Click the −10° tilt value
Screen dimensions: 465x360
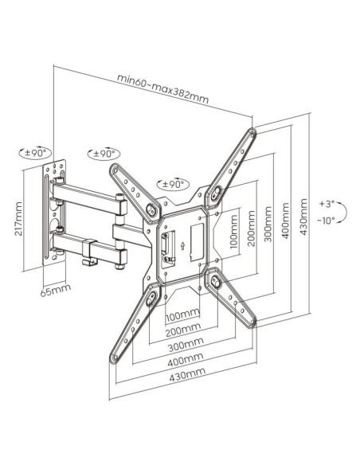click(x=327, y=220)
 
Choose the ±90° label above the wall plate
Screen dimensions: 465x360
click(x=37, y=153)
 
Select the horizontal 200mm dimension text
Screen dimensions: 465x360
click(x=183, y=330)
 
